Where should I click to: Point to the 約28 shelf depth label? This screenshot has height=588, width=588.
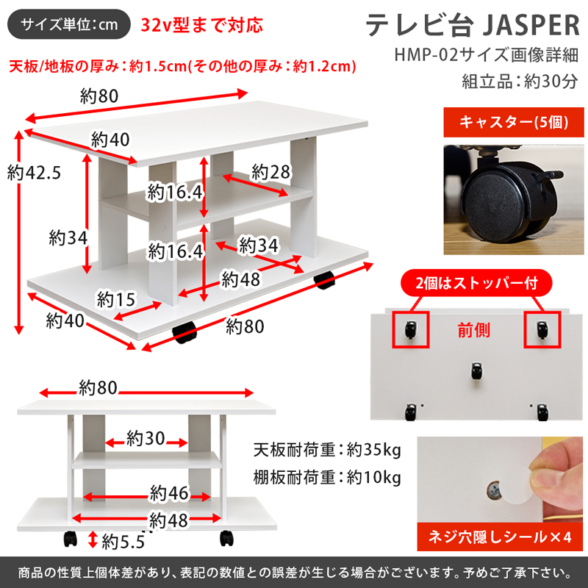(270, 172)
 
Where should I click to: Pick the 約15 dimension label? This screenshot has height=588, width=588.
(115, 299)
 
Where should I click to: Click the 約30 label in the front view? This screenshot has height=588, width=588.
(144, 439)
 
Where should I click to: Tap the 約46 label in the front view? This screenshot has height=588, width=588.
(170, 492)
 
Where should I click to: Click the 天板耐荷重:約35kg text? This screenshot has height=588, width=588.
(327, 448)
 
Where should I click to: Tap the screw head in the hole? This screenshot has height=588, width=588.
(495, 487)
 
